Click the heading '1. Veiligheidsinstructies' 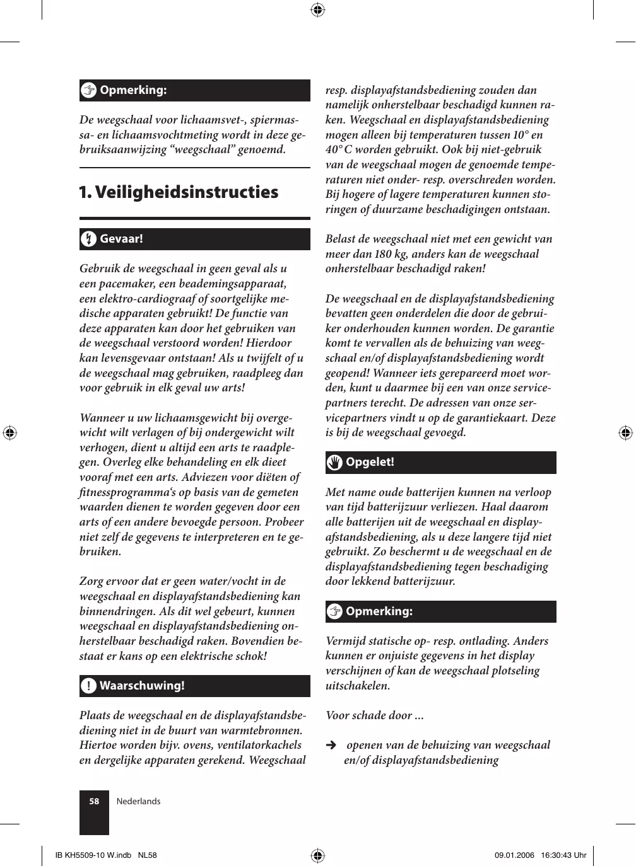pyautogui.click(x=178, y=192)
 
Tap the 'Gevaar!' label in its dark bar pyautogui.click(x=121, y=239)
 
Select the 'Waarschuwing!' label pyautogui.click(x=142, y=685)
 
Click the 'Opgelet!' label pyautogui.click(x=370, y=462)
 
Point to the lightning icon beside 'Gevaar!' pyautogui.click(x=89, y=239)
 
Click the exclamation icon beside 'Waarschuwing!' pyautogui.click(x=89, y=686)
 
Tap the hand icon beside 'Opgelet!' pyautogui.click(x=334, y=463)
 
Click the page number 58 pyautogui.click(x=94, y=802)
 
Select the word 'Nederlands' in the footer pyautogui.click(x=138, y=802)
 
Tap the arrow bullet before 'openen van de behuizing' pyautogui.click(x=331, y=745)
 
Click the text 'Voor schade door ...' pyautogui.click(x=374, y=715)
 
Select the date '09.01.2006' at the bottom pyautogui.click(x=514, y=855)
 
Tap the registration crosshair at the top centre pyautogui.click(x=318, y=9)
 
